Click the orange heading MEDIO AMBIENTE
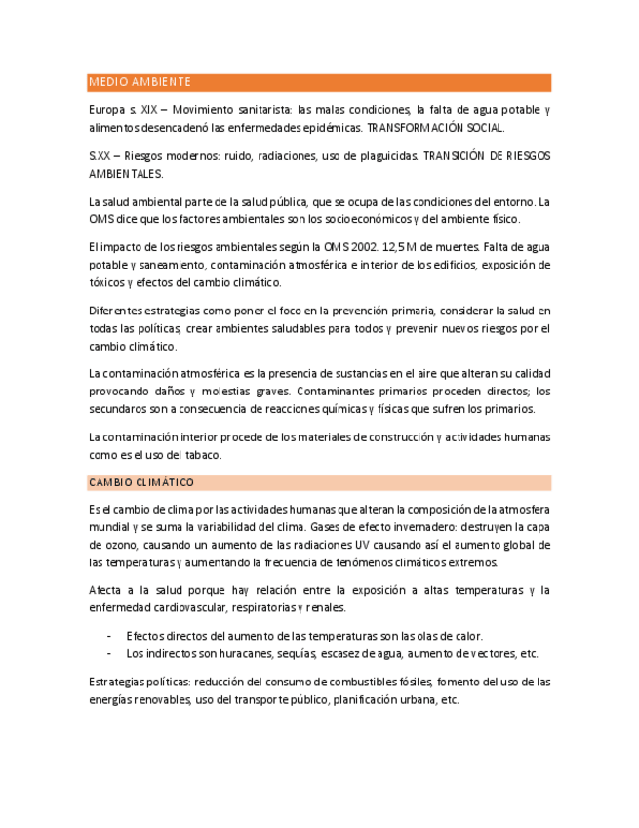(140, 82)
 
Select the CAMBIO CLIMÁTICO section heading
(140, 482)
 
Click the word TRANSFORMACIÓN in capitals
(412, 128)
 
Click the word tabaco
(204, 454)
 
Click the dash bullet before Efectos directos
(108, 636)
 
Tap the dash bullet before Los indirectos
(108, 653)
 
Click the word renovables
(159, 699)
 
